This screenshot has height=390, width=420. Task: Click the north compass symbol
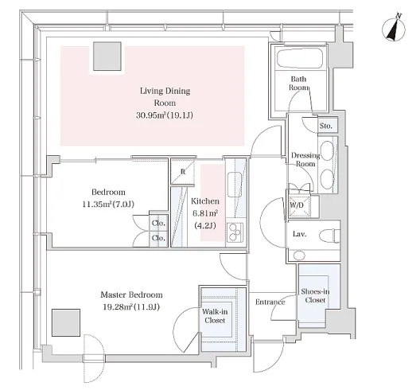pos(394,28)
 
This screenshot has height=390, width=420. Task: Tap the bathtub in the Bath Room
pos(299,59)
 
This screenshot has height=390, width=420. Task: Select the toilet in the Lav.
pos(330,236)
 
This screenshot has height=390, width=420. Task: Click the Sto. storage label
pos(325,126)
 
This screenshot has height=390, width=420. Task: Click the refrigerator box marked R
pos(183,171)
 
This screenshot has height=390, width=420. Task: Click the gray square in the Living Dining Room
pos(107,56)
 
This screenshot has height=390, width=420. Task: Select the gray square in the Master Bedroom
pos(66,322)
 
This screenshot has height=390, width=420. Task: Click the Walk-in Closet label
pos(215,316)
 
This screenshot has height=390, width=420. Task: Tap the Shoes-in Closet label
pos(315,295)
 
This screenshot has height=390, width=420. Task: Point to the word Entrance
pos(270,302)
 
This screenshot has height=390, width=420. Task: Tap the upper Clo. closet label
pos(158,223)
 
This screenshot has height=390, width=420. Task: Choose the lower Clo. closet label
pos(158,238)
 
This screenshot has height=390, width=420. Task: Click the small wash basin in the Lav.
pos(299,255)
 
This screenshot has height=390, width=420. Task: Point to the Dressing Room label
pos(305,159)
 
